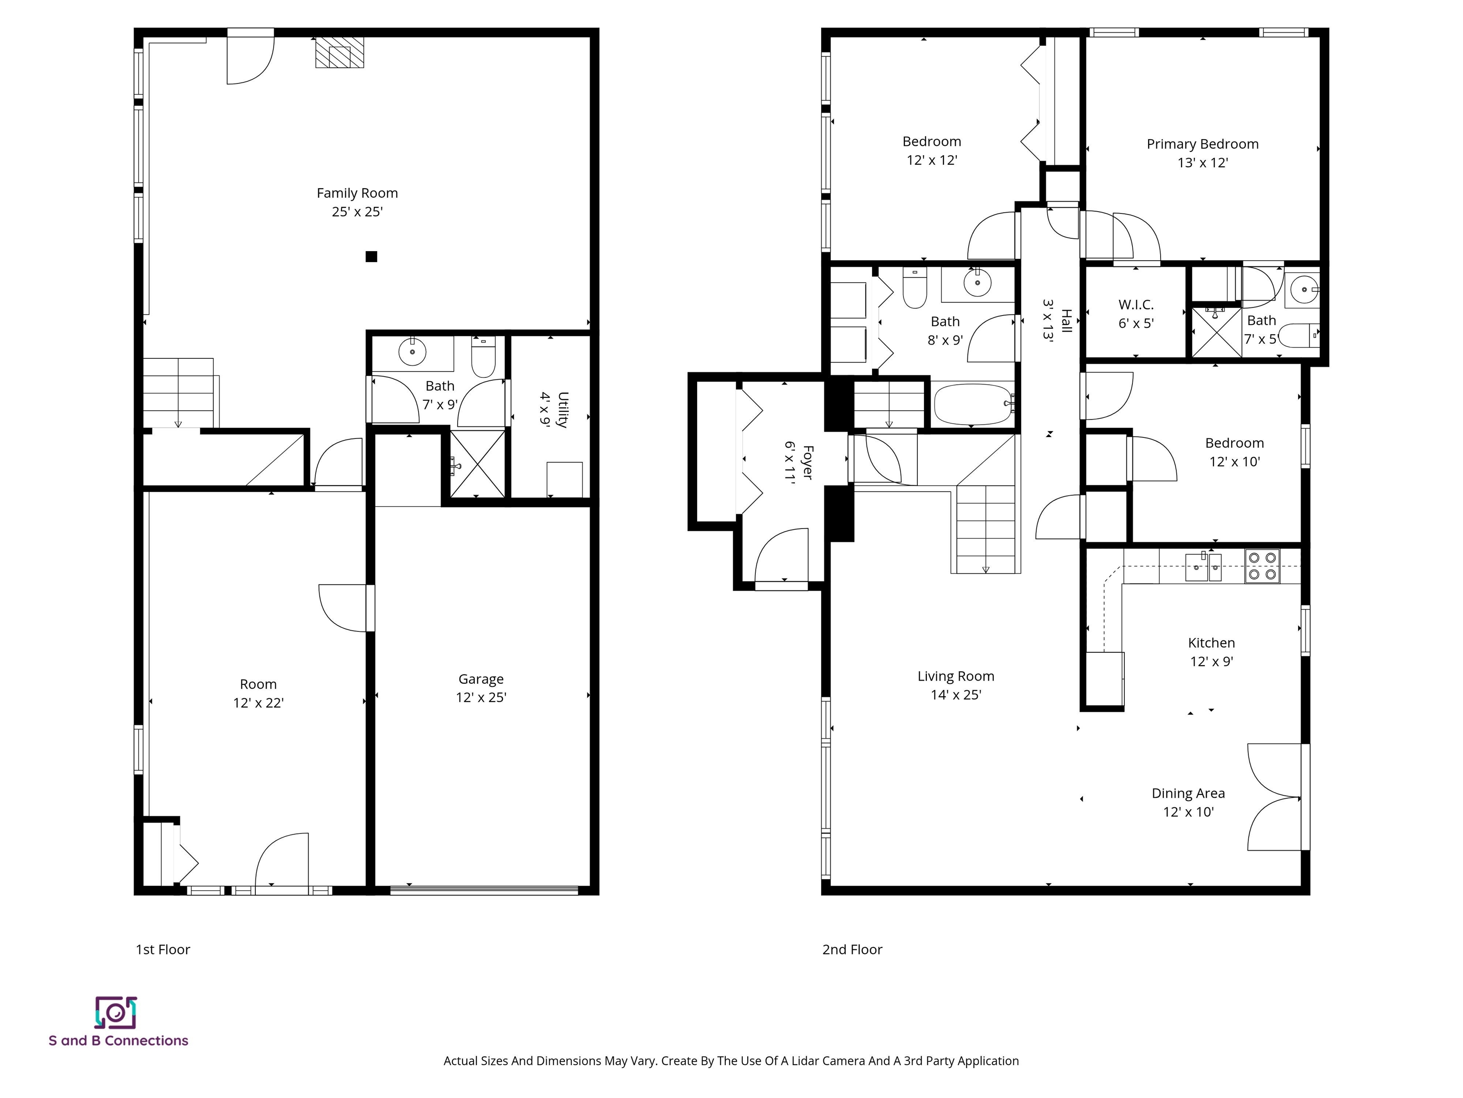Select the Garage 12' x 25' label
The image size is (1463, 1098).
pos(481,688)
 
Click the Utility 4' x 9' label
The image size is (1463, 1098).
pos(553,410)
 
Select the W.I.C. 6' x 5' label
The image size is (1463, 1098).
pos(1136,314)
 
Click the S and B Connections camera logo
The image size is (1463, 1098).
pos(116,1013)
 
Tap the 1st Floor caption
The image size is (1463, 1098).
pos(163,949)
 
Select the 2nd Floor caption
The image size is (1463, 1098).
pos(852,949)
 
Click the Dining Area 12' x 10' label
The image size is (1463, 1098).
pos(1188,802)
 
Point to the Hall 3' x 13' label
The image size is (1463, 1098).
pos(1056,320)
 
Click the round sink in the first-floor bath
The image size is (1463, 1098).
pos(412,352)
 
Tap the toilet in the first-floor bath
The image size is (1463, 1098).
pos(483,357)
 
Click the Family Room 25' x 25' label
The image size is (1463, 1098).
pos(357,202)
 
